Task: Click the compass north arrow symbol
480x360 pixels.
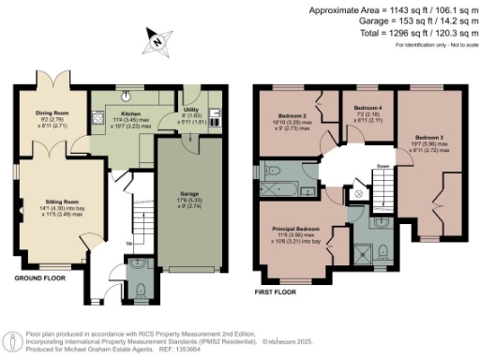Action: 158,40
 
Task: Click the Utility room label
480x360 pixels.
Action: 191,110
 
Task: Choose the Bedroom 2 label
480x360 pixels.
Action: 286,118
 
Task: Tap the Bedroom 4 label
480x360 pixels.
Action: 365,109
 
